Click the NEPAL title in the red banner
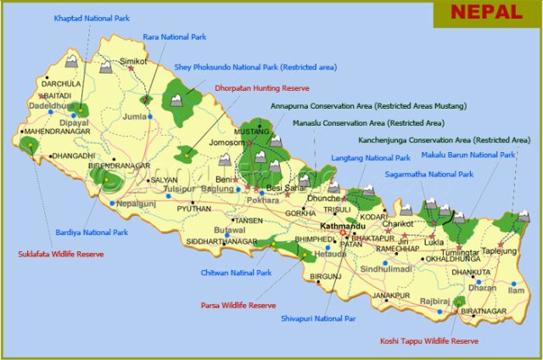point(486,12)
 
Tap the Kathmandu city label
point(343,226)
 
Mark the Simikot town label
point(133,62)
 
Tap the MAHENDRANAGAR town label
point(57,132)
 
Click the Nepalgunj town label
point(135,204)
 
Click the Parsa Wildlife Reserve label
point(238,305)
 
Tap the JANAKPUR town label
point(391,295)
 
